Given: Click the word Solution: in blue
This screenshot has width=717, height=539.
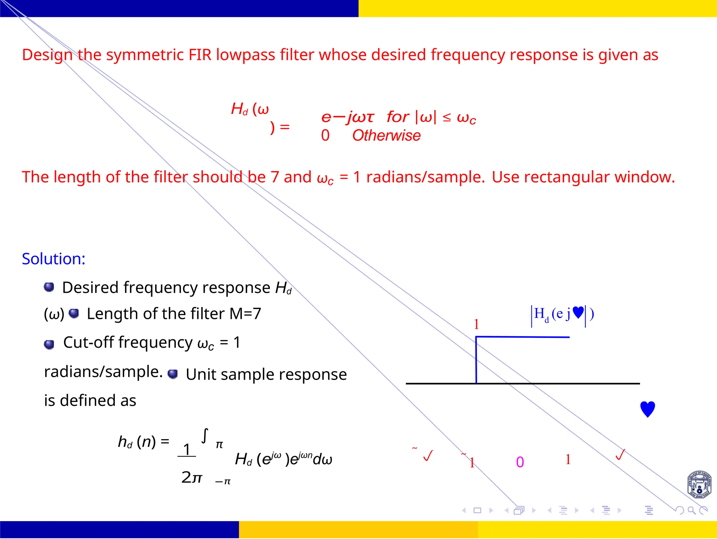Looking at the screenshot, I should tap(54, 259).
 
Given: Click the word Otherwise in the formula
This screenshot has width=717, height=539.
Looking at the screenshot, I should tap(386, 136).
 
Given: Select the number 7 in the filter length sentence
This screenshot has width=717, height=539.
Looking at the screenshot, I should tap(274, 177).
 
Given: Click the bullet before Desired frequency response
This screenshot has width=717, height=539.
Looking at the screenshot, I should tap(49, 287).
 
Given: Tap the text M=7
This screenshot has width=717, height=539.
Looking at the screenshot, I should tap(245, 314).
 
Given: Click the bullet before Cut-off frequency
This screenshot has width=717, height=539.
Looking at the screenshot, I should tap(49, 344).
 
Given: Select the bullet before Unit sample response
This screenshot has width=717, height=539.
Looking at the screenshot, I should tap(173, 374).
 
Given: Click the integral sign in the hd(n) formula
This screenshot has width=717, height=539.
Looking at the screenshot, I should tap(205, 436).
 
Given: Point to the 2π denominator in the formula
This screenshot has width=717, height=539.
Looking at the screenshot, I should tap(192, 477).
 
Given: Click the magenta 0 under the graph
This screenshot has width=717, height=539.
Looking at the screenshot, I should tap(520, 462).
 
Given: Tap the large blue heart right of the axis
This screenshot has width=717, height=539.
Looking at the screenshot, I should tap(647, 409).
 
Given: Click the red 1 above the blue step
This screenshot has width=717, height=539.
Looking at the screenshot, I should tap(476, 325).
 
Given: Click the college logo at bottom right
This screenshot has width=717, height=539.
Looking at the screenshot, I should tap(699, 485).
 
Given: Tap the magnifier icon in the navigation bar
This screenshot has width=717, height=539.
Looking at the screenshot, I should tap(691, 510).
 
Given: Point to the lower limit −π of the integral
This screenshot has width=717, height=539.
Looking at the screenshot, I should tap(223, 482).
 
